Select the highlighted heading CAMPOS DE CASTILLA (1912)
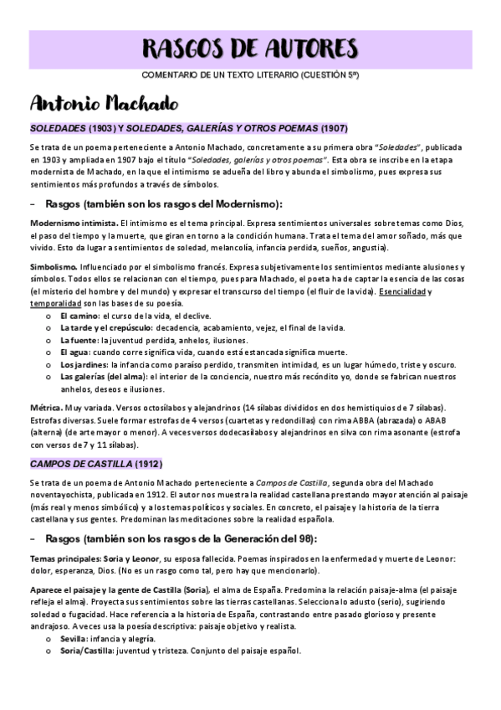click(96, 463)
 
